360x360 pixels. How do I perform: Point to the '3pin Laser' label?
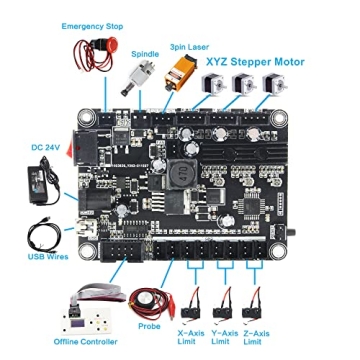coord(191,46)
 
